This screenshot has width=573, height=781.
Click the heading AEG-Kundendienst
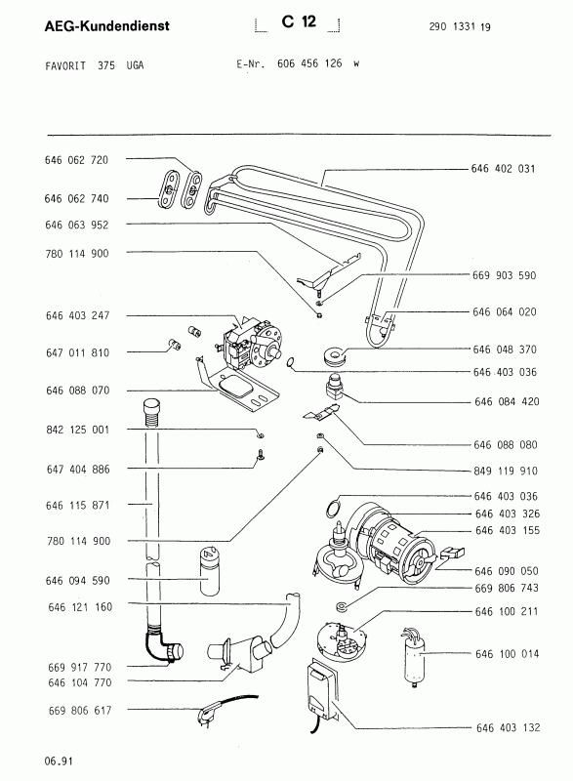point(107,25)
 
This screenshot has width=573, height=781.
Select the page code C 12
point(299,21)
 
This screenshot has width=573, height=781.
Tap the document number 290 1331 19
point(460,27)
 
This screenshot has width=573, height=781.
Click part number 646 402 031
point(503,169)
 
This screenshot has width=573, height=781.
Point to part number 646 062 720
point(76,160)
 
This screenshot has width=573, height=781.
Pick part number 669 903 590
point(504,275)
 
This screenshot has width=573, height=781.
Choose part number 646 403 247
point(77,315)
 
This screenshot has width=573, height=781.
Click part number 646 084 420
point(507,401)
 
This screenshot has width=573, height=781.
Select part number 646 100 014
point(507,653)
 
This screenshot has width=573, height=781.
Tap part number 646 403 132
point(508,727)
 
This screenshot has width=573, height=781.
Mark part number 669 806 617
point(80,711)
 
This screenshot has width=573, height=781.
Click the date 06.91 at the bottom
point(59,761)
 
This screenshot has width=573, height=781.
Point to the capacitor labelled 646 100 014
point(414,656)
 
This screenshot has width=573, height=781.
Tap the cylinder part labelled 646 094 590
point(210,571)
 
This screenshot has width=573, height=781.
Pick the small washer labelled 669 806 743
point(342,606)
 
